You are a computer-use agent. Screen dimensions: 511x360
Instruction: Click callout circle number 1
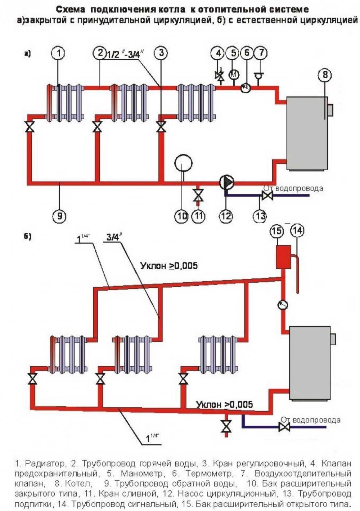pyautogui.click(x=60, y=53)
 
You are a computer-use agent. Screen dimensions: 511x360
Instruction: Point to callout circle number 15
pyautogui.click(x=277, y=231)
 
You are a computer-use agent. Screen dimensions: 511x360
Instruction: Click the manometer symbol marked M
pyautogui.click(x=234, y=75)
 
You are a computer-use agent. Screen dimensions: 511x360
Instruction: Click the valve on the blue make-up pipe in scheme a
pyautogui.click(x=267, y=196)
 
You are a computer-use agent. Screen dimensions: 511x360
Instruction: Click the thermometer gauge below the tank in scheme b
pyautogui.click(x=283, y=305)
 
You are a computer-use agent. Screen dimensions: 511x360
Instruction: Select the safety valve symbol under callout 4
pyautogui.click(x=219, y=76)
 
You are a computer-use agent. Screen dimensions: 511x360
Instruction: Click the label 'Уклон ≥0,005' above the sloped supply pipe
pyautogui.click(x=169, y=266)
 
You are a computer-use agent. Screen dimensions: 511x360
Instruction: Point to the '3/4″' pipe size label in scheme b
pyautogui.click(x=114, y=237)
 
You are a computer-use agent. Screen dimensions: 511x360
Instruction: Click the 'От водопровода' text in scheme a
pyautogui.click(x=293, y=188)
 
